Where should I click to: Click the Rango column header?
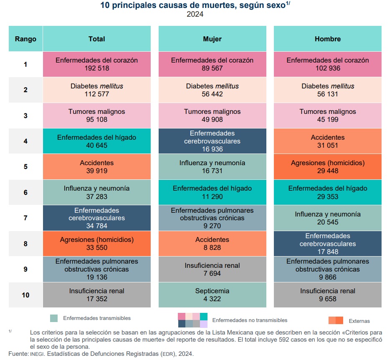tap(25, 39)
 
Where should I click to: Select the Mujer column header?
tap(212, 39)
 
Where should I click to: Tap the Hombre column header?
tap(327, 39)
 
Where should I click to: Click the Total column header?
tap(96, 39)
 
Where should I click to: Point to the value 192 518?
tap(96, 68)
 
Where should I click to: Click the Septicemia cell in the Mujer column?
tap(212, 295)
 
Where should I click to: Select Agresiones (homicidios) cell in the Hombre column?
tap(327, 167)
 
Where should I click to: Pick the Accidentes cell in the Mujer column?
tap(212, 243)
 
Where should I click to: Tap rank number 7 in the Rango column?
tap(25, 218)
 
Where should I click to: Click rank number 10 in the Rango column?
tap(25, 295)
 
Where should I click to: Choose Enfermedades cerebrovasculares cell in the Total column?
tap(96, 218)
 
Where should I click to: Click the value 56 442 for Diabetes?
tap(212, 94)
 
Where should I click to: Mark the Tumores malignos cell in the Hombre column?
tap(327, 116)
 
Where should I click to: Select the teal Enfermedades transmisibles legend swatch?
tap(53, 318)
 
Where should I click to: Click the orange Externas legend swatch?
tap(336, 320)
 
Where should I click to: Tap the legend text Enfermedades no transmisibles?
tap(250, 320)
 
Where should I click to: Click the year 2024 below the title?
tap(195, 15)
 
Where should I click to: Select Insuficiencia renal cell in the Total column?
tap(96, 295)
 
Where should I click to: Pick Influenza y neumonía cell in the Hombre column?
tap(327, 218)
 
